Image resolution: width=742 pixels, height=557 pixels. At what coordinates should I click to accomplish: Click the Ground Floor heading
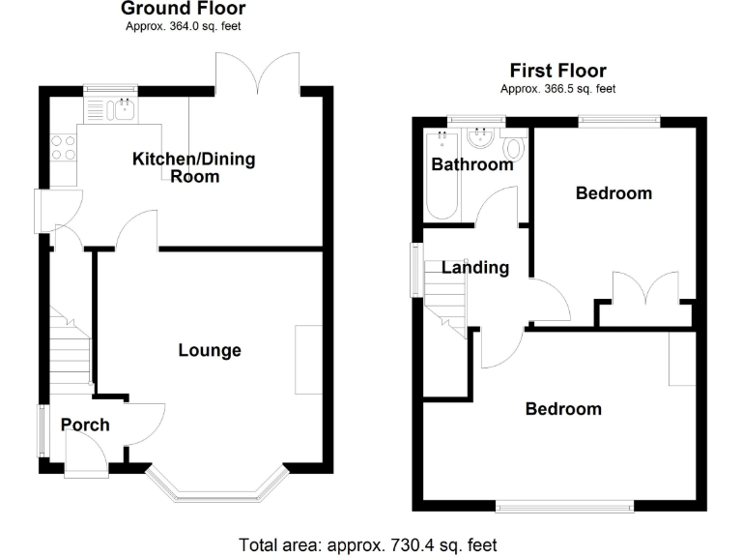pyautogui.click(x=183, y=9)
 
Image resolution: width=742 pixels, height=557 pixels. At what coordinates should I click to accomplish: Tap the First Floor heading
pyautogui.click(x=557, y=71)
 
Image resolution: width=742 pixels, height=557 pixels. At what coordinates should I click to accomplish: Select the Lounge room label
pyautogui.click(x=209, y=350)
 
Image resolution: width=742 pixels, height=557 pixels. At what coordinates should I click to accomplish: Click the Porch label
pyautogui.click(x=85, y=425)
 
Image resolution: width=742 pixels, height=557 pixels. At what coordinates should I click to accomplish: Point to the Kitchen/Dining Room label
pyautogui.click(x=194, y=167)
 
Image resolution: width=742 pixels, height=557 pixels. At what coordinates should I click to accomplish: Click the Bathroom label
pyautogui.click(x=471, y=164)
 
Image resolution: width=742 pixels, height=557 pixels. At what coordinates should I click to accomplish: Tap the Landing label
pyautogui.click(x=475, y=268)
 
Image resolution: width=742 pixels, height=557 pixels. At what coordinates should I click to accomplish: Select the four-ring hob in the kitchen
pyautogui.click(x=64, y=148)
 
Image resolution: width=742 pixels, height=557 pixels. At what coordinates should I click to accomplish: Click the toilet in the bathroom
pyautogui.click(x=514, y=150)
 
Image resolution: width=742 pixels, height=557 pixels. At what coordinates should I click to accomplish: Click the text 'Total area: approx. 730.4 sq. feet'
pyautogui.click(x=368, y=543)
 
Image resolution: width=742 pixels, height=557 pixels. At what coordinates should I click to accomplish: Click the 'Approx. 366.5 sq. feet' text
pyautogui.click(x=557, y=88)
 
